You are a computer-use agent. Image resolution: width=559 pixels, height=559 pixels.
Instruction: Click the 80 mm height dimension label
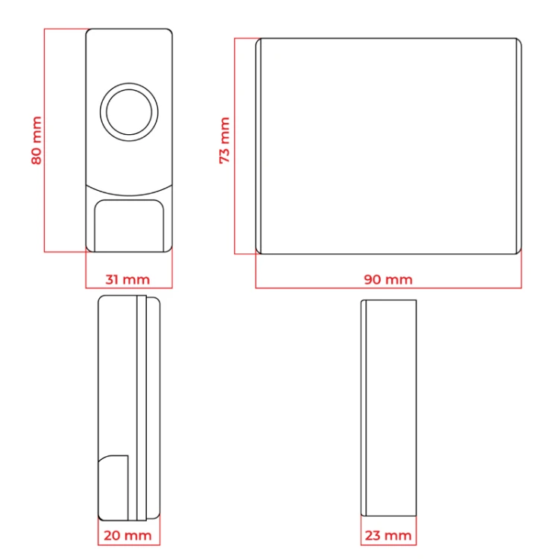click(37, 140)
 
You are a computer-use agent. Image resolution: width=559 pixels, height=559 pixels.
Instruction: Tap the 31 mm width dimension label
click(127, 279)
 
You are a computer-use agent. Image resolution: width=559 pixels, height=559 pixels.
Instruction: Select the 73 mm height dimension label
click(224, 140)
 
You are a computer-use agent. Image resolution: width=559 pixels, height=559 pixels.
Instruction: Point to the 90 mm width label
click(388, 279)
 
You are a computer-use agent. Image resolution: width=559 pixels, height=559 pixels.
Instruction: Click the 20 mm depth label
click(127, 535)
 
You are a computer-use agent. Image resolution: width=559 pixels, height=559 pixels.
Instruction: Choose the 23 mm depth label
click(388, 535)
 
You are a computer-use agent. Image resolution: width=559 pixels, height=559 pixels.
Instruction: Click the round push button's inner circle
click(129, 112)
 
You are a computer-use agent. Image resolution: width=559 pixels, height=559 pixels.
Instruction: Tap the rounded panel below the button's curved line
click(129, 226)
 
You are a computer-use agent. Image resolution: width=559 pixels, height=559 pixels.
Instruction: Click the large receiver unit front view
click(388, 146)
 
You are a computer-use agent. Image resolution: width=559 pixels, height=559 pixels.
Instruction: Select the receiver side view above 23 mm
click(388, 408)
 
